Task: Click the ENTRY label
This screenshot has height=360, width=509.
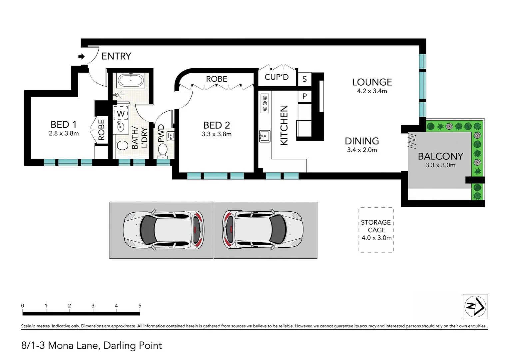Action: click(116, 56)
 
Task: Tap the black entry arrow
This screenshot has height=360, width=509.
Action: click(81, 56)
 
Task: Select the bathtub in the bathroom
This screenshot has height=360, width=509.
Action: click(131, 80)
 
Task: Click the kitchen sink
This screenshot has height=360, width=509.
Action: click(265, 136)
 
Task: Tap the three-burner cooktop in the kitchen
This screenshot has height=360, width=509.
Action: click(265, 103)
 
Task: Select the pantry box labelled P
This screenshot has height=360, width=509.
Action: click(304, 96)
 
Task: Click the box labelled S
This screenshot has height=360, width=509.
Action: click(304, 79)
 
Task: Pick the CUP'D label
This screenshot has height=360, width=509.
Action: click(276, 77)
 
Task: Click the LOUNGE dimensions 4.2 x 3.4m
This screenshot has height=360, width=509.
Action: click(372, 91)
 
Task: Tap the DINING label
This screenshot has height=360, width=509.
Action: click(362, 141)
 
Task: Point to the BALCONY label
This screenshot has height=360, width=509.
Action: click(440, 156)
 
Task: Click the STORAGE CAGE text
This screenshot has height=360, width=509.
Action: click(376, 226)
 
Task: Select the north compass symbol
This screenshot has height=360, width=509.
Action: click(475, 306)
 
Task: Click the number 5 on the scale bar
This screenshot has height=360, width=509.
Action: click(140, 306)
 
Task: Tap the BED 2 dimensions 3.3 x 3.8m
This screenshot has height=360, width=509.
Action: click(217, 134)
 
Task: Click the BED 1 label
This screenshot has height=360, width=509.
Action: click(64, 125)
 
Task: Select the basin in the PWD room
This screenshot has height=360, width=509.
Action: click(171, 136)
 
